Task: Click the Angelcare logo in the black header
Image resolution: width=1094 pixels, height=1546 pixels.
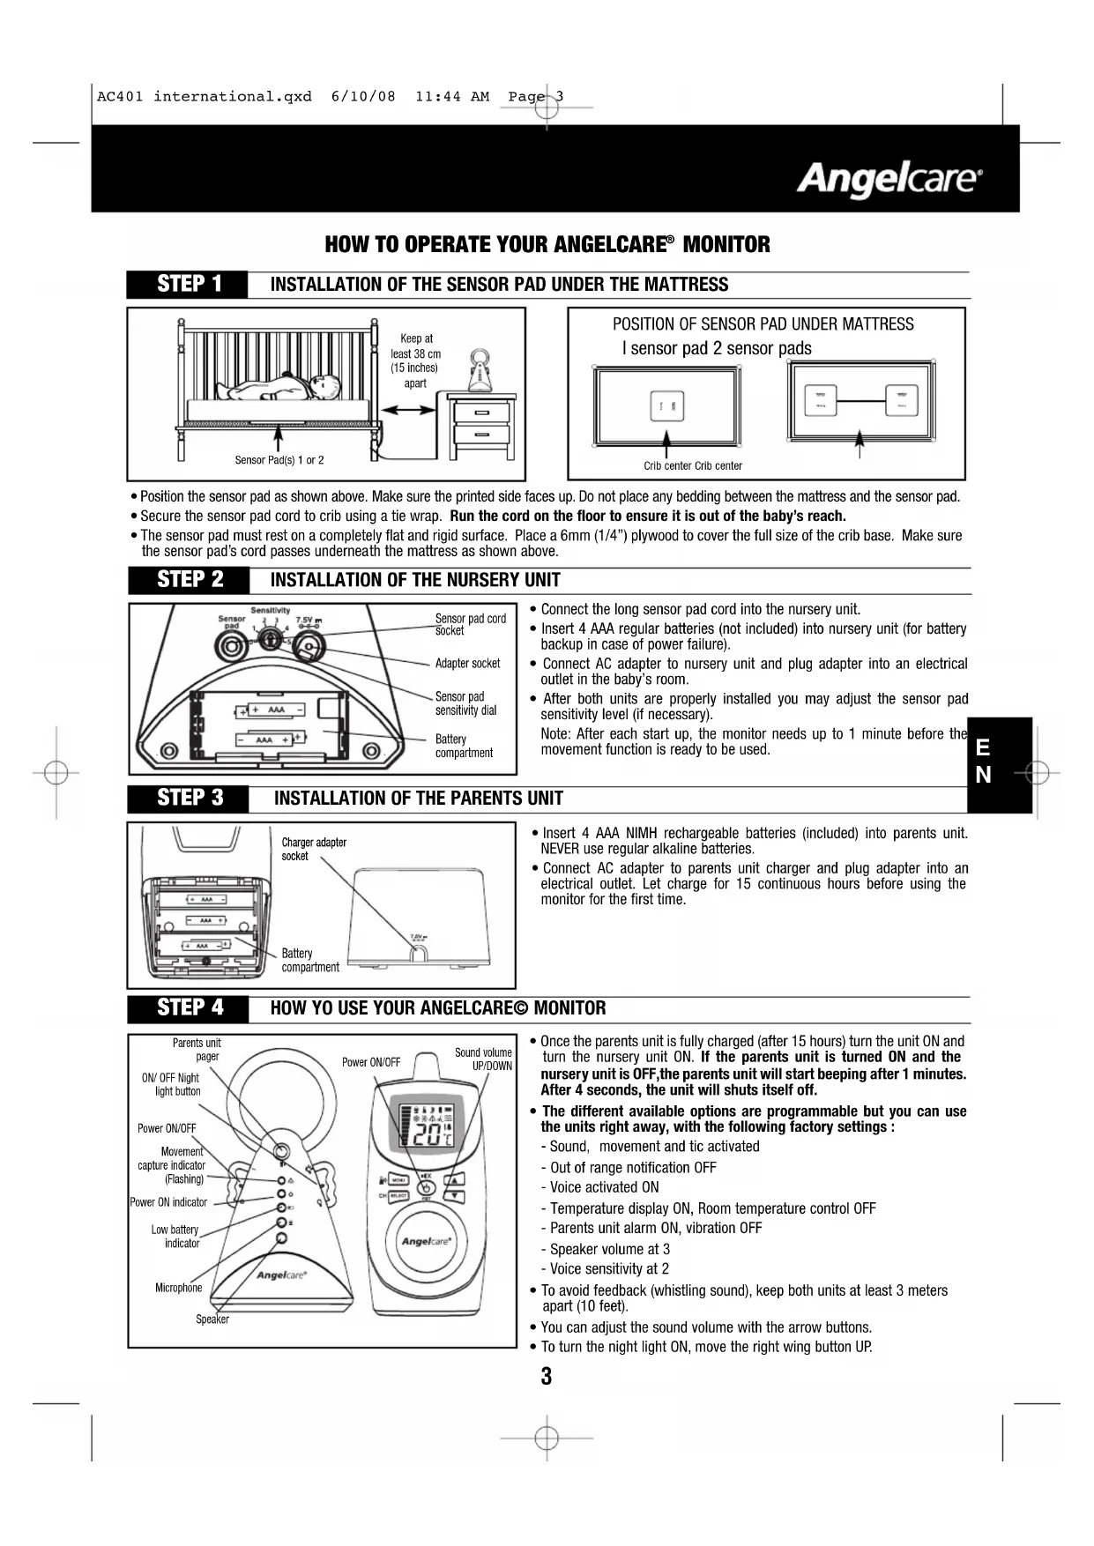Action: (889, 180)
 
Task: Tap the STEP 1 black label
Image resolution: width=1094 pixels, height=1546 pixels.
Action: (189, 284)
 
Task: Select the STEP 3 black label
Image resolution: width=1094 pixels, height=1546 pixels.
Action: (190, 799)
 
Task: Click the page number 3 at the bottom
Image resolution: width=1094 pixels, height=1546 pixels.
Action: (547, 1377)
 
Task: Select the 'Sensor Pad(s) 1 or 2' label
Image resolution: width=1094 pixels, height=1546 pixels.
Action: (279, 460)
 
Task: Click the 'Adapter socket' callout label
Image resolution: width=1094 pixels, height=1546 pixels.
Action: (467, 664)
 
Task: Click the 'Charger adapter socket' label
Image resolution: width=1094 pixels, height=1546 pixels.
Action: (314, 849)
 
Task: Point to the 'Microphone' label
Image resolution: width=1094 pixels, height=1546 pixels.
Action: (179, 1288)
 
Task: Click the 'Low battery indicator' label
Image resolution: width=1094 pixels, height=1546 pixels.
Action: (175, 1237)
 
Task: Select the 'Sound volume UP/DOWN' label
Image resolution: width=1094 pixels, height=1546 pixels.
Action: (483, 1059)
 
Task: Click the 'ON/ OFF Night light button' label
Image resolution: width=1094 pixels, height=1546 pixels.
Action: (172, 1084)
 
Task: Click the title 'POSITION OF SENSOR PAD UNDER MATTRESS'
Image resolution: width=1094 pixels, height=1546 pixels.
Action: (763, 324)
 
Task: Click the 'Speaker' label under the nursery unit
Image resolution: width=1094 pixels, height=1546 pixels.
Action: (212, 1319)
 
